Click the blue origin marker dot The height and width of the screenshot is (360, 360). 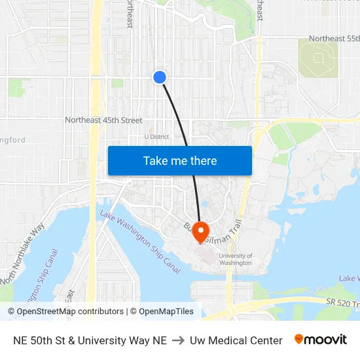159,77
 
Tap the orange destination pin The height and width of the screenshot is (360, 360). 200,231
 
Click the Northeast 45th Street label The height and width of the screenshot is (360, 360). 103,120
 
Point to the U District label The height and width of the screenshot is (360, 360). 157,137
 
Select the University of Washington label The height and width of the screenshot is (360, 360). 235,259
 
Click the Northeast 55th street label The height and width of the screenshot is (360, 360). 334,39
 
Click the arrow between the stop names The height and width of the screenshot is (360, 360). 178,340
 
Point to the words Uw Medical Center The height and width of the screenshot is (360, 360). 236,340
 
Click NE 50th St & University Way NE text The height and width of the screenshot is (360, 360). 90,340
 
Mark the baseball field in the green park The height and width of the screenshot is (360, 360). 318,58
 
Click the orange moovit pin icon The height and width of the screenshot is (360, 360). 299,339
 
